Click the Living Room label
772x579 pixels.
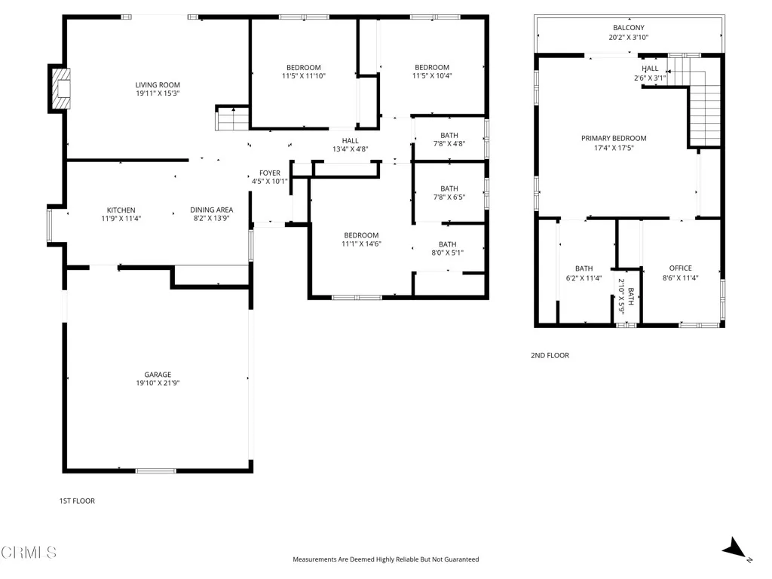(158, 85)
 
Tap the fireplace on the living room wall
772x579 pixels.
(60, 88)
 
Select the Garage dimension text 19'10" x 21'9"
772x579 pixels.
(158, 383)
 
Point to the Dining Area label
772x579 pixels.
(211, 210)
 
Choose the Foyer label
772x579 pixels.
(270, 173)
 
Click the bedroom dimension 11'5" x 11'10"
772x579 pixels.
(303, 76)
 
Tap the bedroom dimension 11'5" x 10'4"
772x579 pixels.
(432, 76)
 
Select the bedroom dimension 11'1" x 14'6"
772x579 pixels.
(361, 244)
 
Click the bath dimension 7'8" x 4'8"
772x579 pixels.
(449, 144)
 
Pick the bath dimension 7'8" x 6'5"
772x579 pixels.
(449, 198)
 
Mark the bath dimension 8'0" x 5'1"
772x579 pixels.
(448, 253)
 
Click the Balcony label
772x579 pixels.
(629, 28)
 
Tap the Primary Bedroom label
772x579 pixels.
(614, 138)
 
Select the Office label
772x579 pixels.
(680, 268)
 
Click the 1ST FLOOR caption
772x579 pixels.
(77, 501)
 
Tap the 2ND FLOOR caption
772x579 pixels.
(550, 355)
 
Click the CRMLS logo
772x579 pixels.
(29, 553)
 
